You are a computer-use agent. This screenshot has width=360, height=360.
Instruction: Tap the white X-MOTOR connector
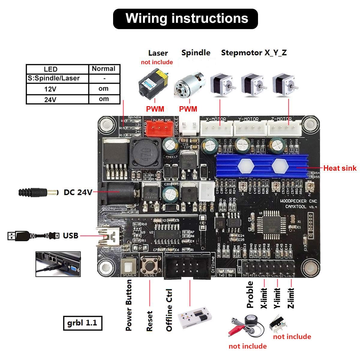(x=216, y=128)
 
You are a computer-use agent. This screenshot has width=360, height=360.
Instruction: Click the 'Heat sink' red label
(x=340, y=168)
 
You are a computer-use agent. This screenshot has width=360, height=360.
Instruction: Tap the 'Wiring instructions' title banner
(x=185, y=19)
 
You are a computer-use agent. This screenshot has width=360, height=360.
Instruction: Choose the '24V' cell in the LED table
(x=50, y=100)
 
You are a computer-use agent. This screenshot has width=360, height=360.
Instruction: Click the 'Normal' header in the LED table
(x=103, y=69)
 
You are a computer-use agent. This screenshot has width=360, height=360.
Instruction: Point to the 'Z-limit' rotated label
(x=291, y=298)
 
